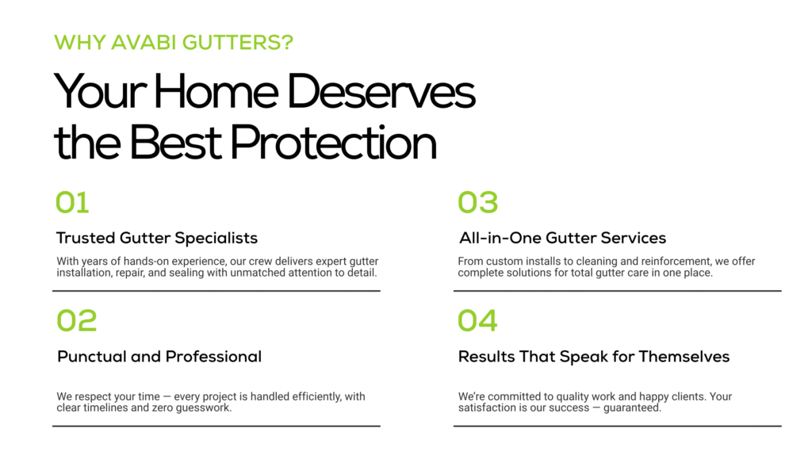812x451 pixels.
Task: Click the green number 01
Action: pyautogui.click(x=72, y=202)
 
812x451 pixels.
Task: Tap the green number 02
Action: pyautogui.click(x=77, y=321)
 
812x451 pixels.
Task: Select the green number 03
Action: pyautogui.click(x=478, y=202)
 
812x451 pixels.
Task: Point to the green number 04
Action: pyautogui.click(x=477, y=321)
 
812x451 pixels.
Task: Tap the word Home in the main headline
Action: pyautogui.click(x=216, y=92)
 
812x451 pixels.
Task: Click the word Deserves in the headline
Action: pyautogui.click(x=381, y=92)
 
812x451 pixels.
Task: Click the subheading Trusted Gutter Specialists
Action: pyautogui.click(x=157, y=239)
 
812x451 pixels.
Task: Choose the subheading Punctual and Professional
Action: pyautogui.click(x=159, y=357)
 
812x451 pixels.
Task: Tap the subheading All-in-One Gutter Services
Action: pyautogui.click(x=562, y=239)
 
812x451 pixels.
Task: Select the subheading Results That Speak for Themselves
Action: pyautogui.click(x=594, y=357)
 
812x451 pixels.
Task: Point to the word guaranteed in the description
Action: pyautogui.click(x=632, y=408)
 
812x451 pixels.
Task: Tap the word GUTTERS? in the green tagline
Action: pyautogui.click(x=238, y=43)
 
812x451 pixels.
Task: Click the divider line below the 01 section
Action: pyautogui.click(x=216, y=291)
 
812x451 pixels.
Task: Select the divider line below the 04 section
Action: pyautogui.click(x=617, y=426)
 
